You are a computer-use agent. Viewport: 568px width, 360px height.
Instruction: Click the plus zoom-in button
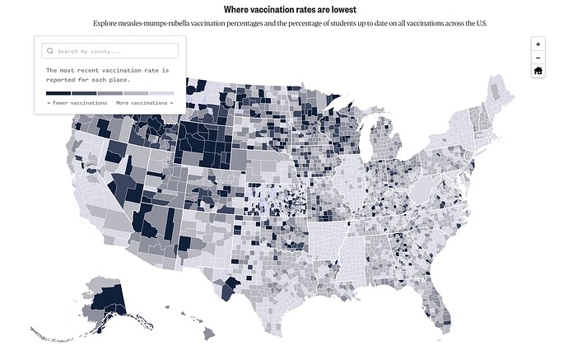(x=538, y=44)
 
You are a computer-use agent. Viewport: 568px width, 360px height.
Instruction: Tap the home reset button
(x=538, y=71)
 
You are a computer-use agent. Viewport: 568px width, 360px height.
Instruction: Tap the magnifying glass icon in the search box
(x=50, y=51)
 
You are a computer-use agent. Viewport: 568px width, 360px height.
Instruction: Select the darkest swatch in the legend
(x=59, y=93)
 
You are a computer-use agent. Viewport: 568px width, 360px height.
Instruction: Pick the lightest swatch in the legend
(x=162, y=93)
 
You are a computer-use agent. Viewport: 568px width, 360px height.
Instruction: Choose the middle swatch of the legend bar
(x=110, y=93)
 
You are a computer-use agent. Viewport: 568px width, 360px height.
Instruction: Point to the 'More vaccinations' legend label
(x=144, y=103)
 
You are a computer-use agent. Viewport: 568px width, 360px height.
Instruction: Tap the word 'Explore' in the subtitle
(x=105, y=23)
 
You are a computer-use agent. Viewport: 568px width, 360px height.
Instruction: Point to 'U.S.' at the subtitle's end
(x=481, y=23)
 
